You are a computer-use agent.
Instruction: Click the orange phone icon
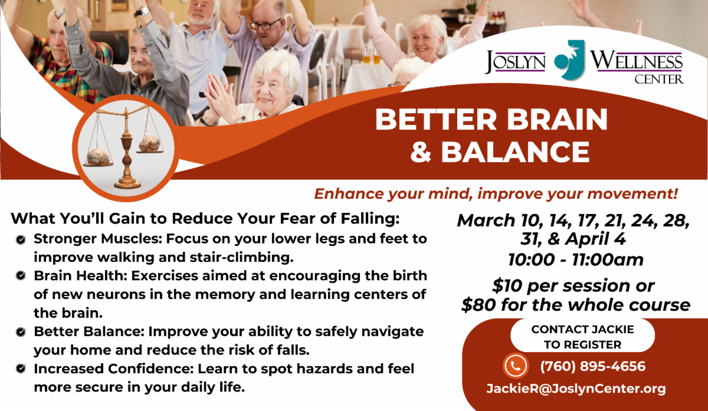516,366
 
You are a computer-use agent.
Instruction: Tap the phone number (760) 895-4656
592,366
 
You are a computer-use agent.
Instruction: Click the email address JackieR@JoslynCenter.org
576,389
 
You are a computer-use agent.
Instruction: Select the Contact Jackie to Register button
582,336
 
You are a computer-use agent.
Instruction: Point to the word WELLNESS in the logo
636,61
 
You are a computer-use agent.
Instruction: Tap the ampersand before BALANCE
421,152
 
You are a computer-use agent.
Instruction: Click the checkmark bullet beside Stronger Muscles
21,240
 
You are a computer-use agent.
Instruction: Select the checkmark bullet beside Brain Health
21,276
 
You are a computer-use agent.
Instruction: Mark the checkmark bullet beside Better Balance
21,332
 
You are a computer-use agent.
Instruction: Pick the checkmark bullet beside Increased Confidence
21,369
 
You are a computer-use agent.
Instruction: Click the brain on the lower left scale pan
99,157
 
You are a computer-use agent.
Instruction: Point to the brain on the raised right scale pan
149,143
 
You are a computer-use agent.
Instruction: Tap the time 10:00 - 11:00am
576,259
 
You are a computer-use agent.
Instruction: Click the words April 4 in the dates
595,239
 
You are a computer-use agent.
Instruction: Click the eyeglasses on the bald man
265,24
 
